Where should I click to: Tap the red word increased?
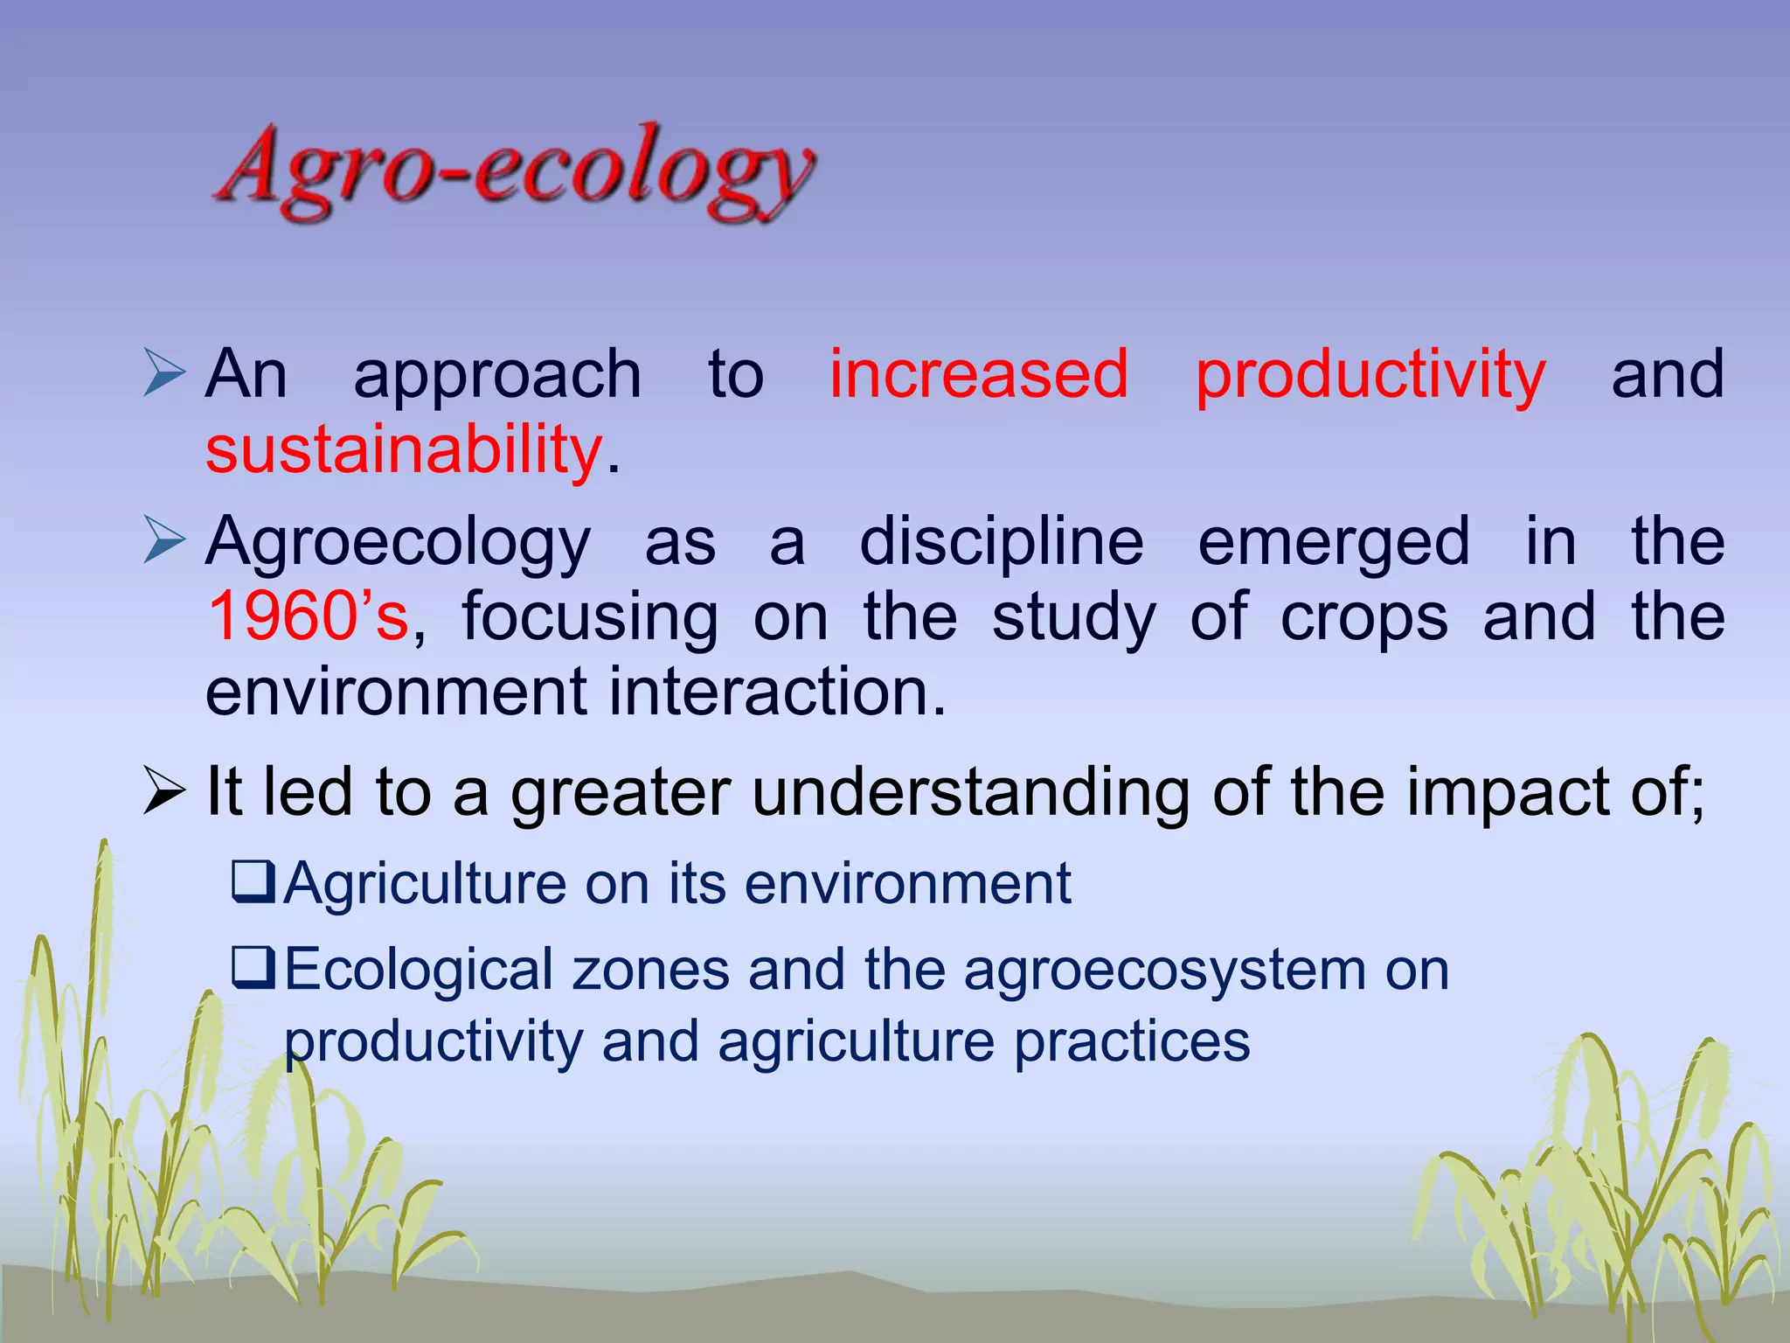978,374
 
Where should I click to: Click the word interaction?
777,692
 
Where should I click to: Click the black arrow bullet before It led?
163,792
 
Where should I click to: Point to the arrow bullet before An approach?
163,373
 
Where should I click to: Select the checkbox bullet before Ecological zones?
253,968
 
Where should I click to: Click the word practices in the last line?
1132,1042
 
